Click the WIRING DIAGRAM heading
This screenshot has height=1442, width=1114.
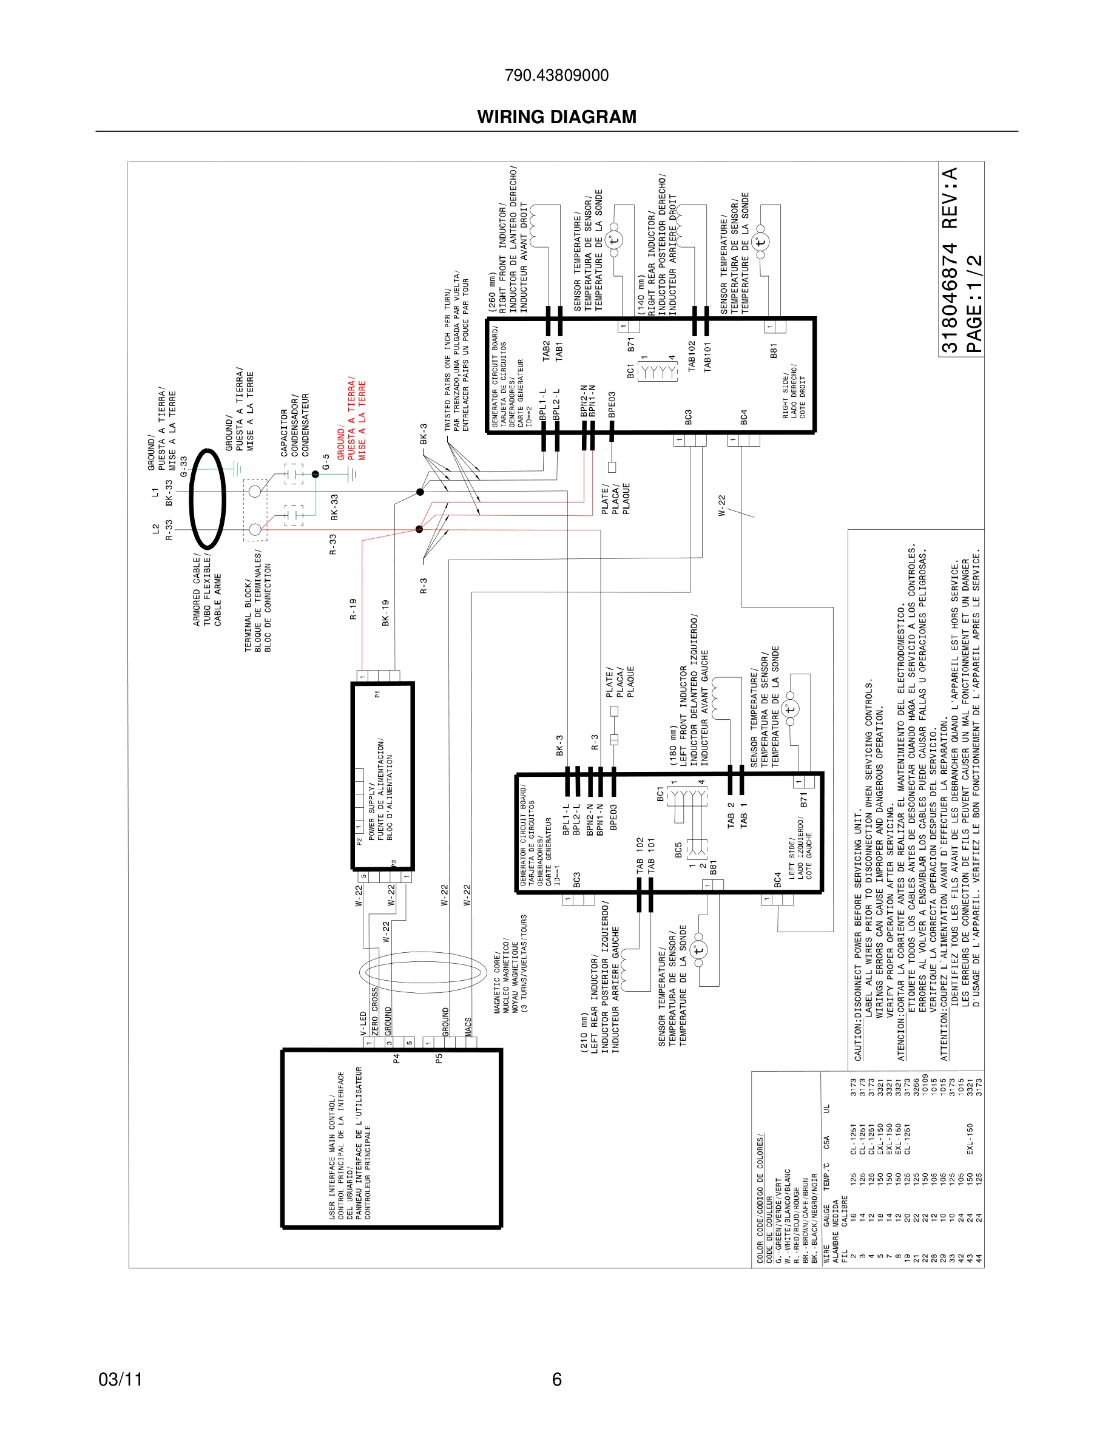(556, 117)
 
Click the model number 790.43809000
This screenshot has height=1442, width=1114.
(556, 75)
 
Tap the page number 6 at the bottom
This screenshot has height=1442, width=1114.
(556, 1379)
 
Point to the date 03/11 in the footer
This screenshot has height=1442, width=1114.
(120, 1379)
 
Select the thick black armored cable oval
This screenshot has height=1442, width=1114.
(208, 499)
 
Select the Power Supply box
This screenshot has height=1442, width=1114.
(383, 776)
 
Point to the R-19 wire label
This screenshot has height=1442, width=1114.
(353, 609)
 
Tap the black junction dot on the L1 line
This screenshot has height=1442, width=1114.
(420, 492)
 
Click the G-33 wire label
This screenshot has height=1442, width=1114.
(183, 466)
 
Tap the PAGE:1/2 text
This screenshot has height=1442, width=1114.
(974, 303)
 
